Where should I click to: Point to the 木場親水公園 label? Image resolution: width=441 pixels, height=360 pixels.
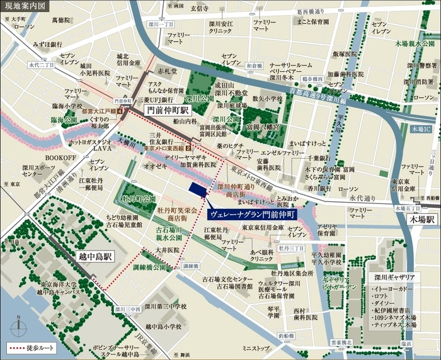pos(414,44)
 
